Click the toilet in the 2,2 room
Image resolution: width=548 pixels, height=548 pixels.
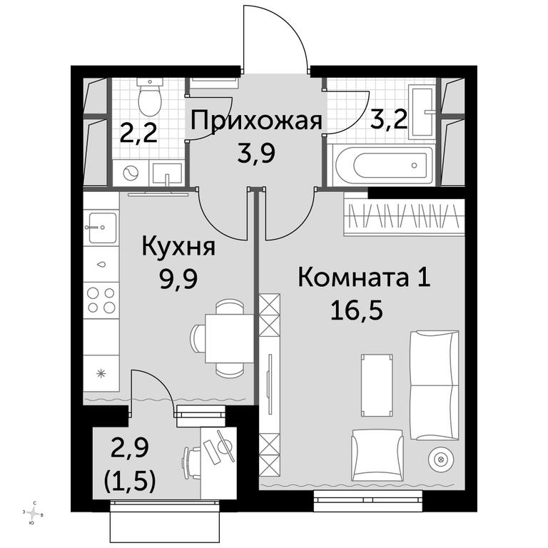150,97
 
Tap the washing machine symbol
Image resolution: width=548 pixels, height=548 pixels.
131,173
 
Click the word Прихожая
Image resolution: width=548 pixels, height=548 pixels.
257,121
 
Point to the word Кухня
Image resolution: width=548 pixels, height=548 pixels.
178,246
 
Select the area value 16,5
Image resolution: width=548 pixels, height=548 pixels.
357,310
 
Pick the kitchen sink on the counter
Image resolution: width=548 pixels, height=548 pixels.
102,228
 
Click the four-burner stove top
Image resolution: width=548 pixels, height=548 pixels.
101,300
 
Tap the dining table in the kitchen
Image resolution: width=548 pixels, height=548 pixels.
229,338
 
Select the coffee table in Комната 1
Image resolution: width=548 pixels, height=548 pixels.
377,385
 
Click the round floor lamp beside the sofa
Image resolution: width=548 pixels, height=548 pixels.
441,459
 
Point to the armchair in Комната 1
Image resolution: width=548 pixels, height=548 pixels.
377,455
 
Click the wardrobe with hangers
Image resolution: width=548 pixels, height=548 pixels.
404,217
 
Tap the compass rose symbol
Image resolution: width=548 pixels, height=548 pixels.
34,514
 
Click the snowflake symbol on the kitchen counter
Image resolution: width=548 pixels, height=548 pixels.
101,374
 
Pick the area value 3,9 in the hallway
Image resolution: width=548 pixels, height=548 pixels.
256,154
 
